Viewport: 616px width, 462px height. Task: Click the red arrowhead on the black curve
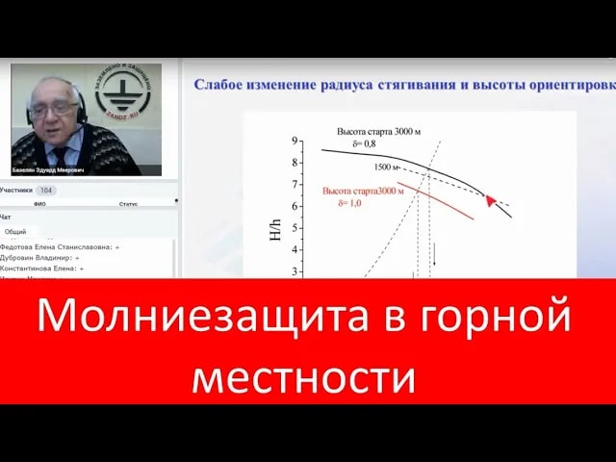[x=490, y=200]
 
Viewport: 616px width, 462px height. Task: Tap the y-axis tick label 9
[x=295, y=141]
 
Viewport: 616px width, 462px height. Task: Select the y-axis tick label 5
[x=295, y=228]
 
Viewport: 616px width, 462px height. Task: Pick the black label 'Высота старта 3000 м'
[x=381, y=130]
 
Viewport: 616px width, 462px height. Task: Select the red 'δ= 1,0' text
[x=354, y=203]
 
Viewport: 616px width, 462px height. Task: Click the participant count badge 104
[x=46, y=191]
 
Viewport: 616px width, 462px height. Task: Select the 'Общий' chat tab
[x=15, y=232]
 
